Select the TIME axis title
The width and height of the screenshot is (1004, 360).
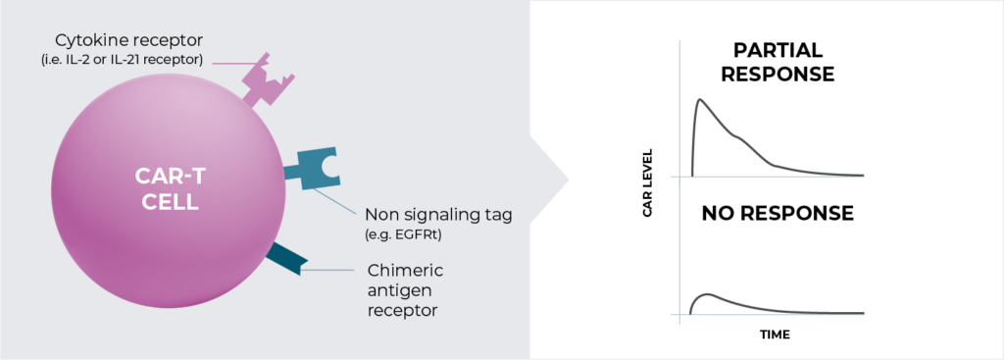tap(775, 334)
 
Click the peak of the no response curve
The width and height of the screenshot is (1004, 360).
tap(705, 293)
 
